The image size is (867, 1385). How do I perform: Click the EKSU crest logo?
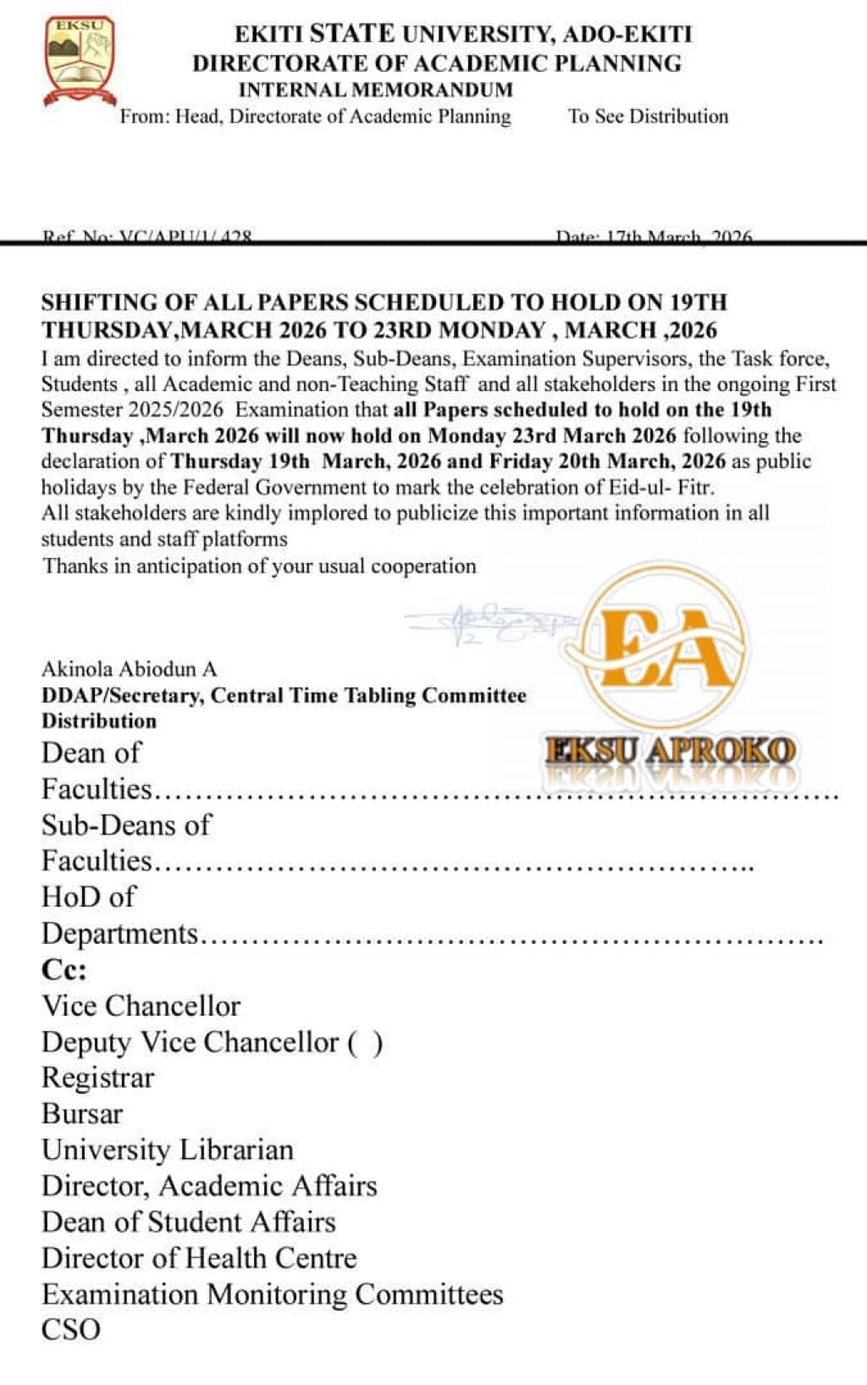(79, 61)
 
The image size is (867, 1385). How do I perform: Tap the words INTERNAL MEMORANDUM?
(375, 90)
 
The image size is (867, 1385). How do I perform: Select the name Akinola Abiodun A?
(130, 669)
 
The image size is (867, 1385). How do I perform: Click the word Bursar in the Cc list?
(82, 1113)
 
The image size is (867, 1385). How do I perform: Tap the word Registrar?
(98, 1078)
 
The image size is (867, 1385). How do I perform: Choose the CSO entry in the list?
(71, 1329)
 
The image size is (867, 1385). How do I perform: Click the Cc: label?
(64, 969)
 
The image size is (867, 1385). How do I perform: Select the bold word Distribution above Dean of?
(99, 720)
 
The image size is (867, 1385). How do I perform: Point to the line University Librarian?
(168, 1150)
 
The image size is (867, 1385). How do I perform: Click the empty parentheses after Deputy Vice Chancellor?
(365, 1042)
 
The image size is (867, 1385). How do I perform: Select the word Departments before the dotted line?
(119, 934)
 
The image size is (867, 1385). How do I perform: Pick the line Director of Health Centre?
(199, 1258)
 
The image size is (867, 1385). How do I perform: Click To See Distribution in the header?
(648, 116)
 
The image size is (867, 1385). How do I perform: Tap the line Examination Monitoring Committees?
(272, 1294)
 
